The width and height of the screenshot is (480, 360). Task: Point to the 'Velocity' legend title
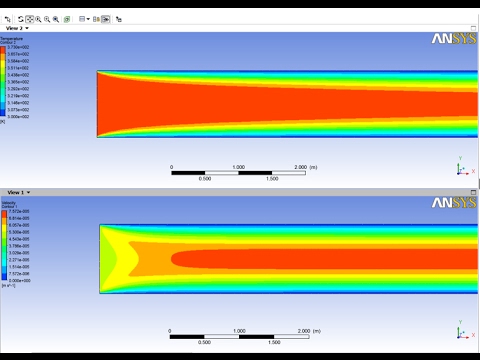point(11,200)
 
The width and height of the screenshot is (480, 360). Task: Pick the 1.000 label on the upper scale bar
point(238,167)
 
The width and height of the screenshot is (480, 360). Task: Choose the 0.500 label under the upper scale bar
point(205,179)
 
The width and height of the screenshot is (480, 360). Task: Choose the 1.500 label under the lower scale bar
point(271,342)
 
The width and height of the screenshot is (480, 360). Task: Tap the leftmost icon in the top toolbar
point(7,18)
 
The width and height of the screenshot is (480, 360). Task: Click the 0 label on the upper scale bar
point(172,167)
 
